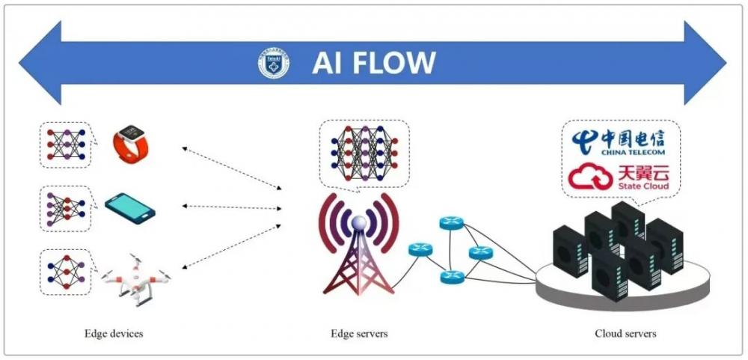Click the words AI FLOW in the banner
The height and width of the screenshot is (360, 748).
(x=373, y=64)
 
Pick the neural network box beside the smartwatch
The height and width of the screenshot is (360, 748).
(x=64, y=144)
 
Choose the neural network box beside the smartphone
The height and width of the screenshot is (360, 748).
(x=64, y=207)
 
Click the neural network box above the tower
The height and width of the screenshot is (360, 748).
(x=360, y=152)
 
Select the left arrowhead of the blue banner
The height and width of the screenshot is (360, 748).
(x=37, y=64)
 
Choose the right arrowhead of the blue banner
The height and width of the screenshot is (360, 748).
(x=707, y=64)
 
